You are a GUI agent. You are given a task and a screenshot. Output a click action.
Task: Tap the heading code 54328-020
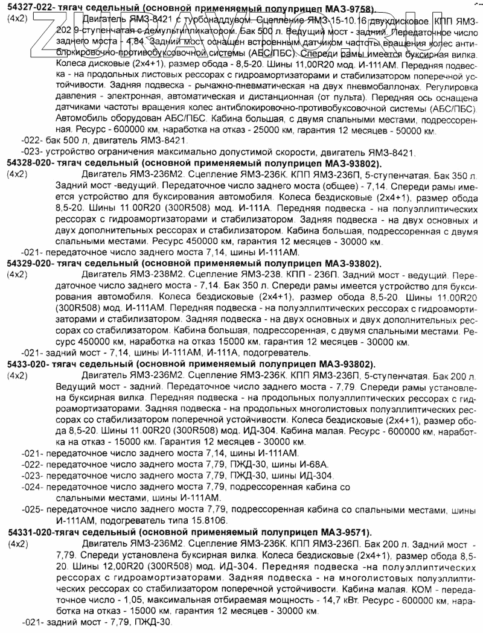(28, 164)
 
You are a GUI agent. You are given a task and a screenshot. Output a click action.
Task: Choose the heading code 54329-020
(28, 264)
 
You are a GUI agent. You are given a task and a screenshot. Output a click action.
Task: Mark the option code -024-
(32, 486)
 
